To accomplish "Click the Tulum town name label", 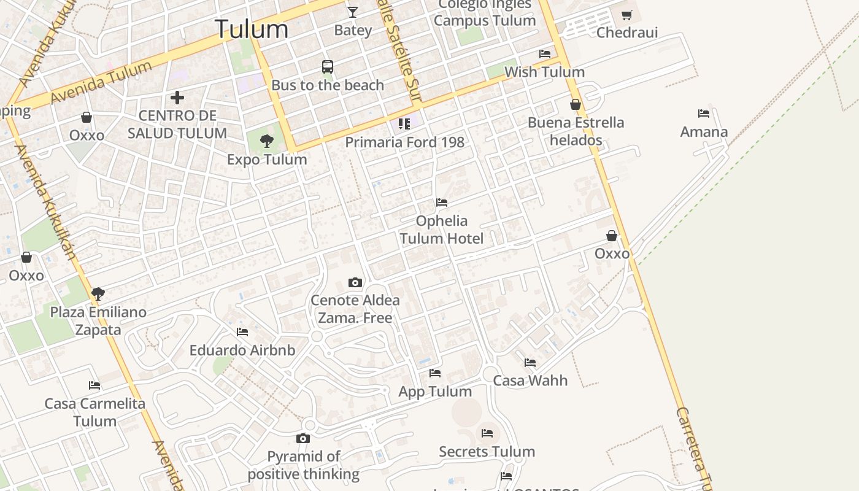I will (252, 29).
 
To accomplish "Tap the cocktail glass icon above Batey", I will (353, 12).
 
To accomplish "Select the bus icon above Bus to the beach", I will (328, 66).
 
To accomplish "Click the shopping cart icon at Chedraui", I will (626, 15).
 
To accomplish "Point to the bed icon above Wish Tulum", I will (544, 54).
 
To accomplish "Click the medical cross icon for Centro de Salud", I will (177, 97).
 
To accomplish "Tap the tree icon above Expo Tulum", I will (266, 141).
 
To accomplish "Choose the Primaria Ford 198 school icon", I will (404, 124).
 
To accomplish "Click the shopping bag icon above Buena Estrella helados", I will (576, 104).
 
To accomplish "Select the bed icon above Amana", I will (704, 114).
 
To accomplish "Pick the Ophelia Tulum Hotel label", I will (442, 230).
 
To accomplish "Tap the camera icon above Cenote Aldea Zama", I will (355, 282).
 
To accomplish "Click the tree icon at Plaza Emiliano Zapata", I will (98, 293).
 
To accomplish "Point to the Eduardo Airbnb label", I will (242, 350).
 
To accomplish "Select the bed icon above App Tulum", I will (435, 373).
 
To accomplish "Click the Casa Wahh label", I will (530, 381).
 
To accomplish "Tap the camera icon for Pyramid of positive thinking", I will (303, 438).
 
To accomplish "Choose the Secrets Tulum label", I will (487, 452).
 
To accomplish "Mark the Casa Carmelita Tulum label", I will (94, 412).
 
